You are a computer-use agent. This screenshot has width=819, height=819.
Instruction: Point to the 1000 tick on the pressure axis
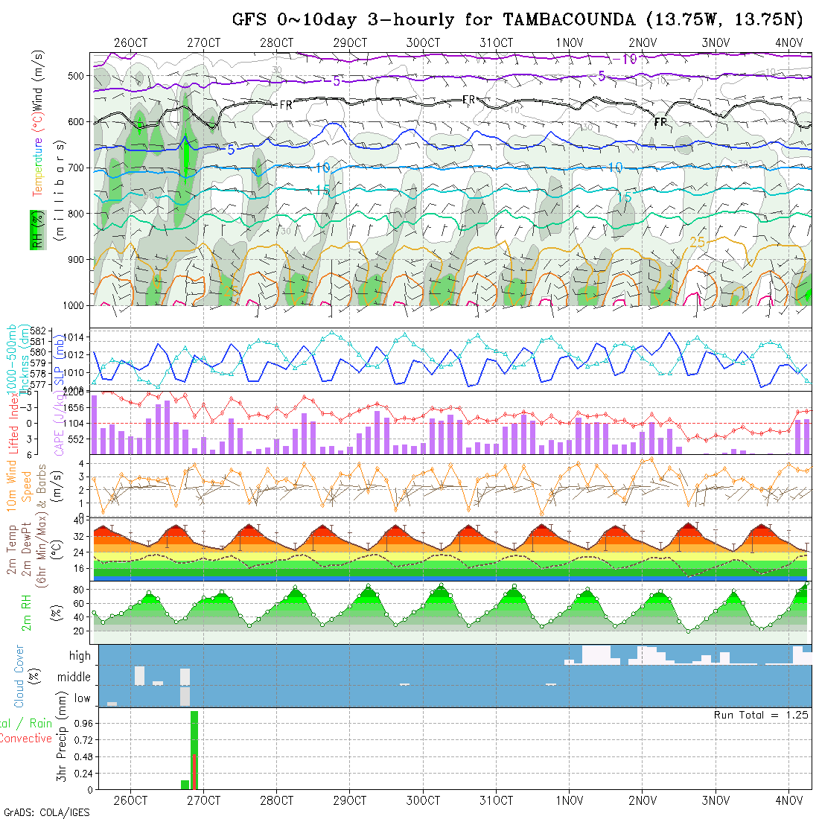(74, 305)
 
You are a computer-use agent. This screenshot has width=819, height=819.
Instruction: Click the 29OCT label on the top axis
(350, 42)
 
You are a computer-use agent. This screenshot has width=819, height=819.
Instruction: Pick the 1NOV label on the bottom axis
(569, 800)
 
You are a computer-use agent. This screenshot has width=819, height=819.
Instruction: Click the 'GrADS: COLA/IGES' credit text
(46, 812)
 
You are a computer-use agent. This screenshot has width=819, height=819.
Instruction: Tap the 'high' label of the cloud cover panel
(80, 656)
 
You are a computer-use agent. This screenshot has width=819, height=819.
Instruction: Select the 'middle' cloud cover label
(74, 678)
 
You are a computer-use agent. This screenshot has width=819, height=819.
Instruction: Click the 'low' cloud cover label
(82, 698)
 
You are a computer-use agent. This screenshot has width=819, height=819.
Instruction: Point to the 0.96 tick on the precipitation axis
(82, 723)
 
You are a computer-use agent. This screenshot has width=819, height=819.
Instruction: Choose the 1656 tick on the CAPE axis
(77, 408)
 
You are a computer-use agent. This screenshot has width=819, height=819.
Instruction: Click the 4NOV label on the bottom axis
(788, 800)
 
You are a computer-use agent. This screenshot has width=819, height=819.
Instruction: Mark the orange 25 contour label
(698, 242)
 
